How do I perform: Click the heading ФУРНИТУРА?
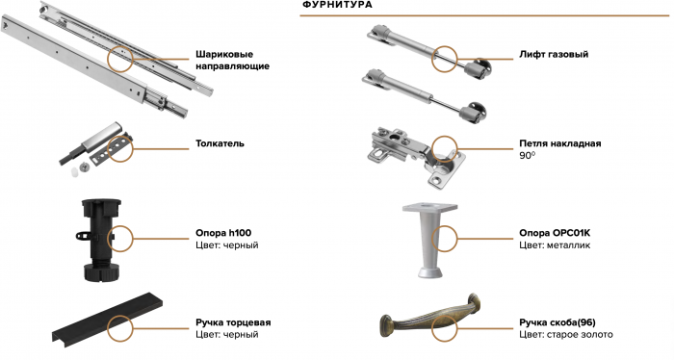coord(337,5)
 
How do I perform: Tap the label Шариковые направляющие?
coord(233,60)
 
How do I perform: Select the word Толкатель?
coord(220,143)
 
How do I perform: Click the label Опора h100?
coord(223,233)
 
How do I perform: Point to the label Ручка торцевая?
coord(233,322)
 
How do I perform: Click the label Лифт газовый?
coord(554,55)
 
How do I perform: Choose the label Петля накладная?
coord(560,143)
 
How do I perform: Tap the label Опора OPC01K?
coord(555,233)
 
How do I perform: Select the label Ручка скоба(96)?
coord(557,322)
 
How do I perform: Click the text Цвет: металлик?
coord(555,245)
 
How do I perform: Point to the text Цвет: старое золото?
coord(566,335)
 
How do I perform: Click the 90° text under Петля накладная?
coord(527,156)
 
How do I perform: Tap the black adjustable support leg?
coord(101,240)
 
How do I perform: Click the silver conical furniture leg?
coord(429,240)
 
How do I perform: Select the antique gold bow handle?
coord(430,317)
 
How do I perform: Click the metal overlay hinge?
coord(416,156)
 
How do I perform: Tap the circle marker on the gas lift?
coord(445,59)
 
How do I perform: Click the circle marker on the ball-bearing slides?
coord(120,59)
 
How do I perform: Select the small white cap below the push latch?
coord(76,172)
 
